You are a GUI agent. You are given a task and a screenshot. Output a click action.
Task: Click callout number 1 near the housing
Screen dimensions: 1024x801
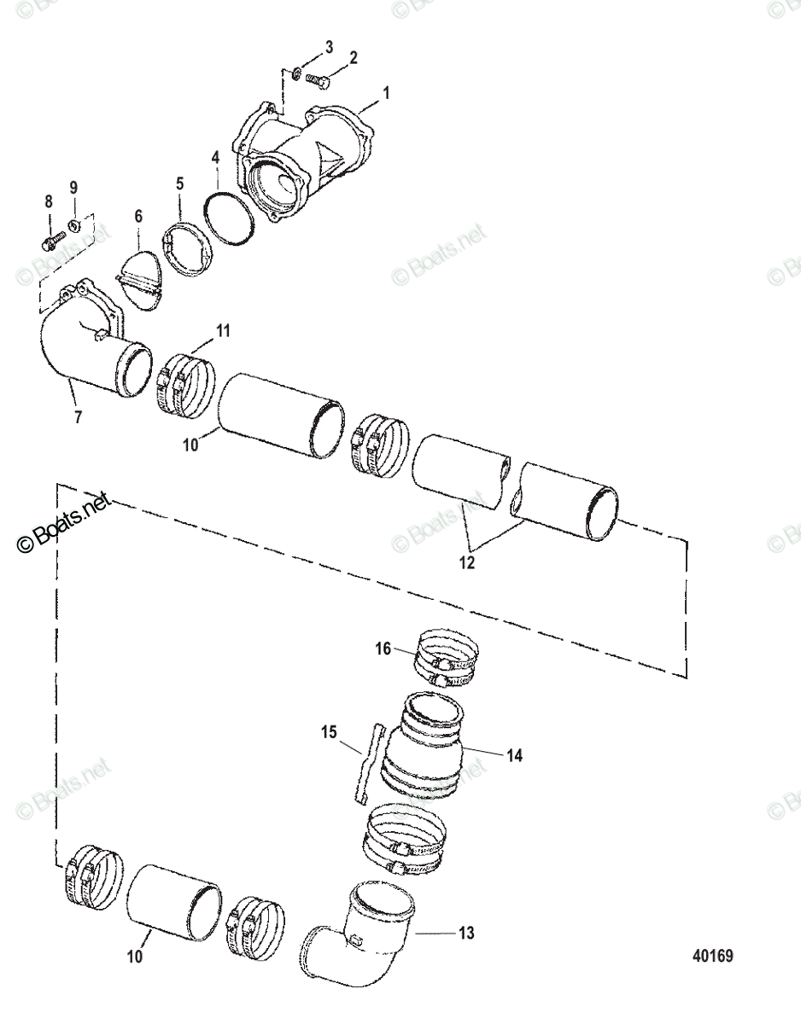[385, 92]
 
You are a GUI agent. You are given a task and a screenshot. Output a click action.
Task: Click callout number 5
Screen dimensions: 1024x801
[180, 183]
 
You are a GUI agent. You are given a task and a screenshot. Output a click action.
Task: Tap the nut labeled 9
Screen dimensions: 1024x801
[73, 225]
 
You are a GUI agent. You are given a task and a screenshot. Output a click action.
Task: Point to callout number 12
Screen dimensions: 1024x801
[467, 563]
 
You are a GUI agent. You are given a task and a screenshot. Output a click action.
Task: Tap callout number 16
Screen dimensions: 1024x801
[383, 649]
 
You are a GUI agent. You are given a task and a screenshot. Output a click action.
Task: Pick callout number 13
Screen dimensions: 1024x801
[465, 933]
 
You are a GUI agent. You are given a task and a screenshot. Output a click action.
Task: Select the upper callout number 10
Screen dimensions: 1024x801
[189, 445]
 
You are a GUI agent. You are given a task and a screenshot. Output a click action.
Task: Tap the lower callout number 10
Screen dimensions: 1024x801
[135, 957]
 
